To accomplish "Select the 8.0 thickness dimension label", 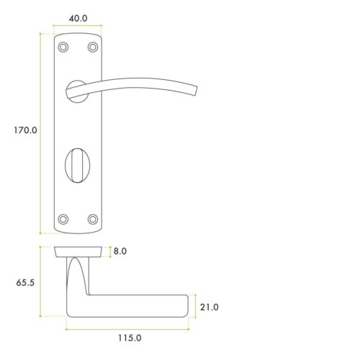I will (x=120, y=252).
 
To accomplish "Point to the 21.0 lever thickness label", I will (x=209, y=307).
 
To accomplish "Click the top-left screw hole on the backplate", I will (x=63, y=47).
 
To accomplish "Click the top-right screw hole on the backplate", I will (x=92, y=47).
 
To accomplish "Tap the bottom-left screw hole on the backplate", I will (x=63, y=218).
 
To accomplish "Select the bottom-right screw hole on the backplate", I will (x=92, y=218).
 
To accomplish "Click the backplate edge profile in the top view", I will (x=78, y=252).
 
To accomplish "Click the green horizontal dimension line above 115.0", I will (x=128, y=328).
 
